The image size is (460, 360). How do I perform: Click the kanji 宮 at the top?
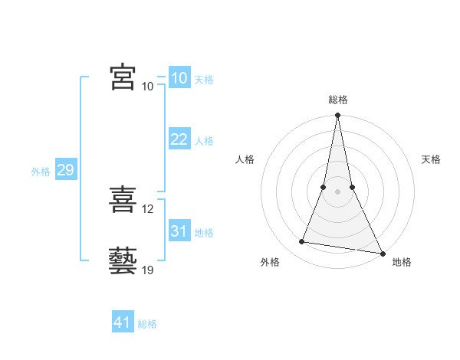click(x=123, y=77)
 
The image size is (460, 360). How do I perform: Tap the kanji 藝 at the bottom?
click(x=123, y=260)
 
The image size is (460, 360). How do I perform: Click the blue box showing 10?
click(x=179, y=78)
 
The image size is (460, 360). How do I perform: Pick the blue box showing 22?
click(x=179, y=139)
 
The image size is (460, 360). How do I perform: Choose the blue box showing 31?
click(x=179, y=231)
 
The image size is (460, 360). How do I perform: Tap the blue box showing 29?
click(x=65, y=170)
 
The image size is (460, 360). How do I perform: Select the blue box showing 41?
click(x=123, y=322)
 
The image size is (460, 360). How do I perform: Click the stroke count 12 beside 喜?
click(x=148, y=209)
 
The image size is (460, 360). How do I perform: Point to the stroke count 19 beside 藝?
click(x=148, y=270)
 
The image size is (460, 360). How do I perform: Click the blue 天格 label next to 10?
click(x=204, y=80)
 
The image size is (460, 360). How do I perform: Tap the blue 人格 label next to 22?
click(x=204, y=141)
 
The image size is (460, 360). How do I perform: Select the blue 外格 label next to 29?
click(x=41, y=172)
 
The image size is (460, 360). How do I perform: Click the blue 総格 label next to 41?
click(x=147, y=324)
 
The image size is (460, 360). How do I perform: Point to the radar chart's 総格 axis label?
click(x=337, y=100)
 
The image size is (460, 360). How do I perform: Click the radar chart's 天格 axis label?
click(x=431, y=159)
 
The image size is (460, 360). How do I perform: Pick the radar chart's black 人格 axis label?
click(x=245, y=159)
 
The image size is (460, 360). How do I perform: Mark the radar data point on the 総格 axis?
click(x=337, y=116)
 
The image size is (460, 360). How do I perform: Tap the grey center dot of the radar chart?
click(x=337, y=191)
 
